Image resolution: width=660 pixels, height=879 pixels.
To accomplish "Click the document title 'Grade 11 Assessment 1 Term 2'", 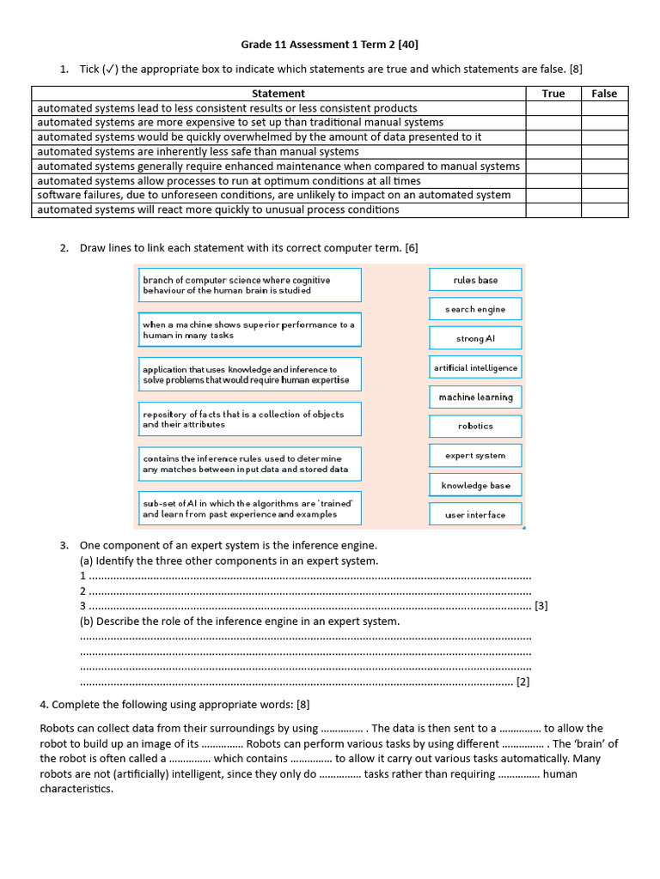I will [x=329, y=44].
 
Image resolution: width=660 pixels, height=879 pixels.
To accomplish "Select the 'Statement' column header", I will [x=278, y=94].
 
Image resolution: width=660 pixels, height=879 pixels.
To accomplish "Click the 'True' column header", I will [x=553, y=94].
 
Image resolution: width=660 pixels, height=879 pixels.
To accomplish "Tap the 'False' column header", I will [x=604, y=94].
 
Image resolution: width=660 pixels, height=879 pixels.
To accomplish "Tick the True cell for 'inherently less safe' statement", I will [x=553, y=152].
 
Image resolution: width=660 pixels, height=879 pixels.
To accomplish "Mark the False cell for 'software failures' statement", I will [x=604, y=195].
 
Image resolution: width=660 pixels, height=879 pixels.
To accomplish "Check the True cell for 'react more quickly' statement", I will [x=553, y=209].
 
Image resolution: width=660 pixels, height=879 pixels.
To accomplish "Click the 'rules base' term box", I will [x=475, y=281].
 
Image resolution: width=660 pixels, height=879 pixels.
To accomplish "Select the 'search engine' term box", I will [x=475, y=310].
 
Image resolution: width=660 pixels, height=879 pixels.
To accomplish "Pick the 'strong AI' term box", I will [x=475, y=339].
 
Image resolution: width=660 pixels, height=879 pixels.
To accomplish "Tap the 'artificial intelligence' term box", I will [x=475, y=368].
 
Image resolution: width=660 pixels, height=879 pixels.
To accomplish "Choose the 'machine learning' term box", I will [x=475, y=397].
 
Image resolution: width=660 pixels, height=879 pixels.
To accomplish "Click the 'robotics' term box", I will [x=475, y=427].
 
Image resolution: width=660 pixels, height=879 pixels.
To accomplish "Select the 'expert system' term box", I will [x=475, y=456].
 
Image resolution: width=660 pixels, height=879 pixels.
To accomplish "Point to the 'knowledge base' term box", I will [x=475, y=486].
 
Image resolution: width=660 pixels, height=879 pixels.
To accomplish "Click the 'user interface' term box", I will [x=475, y=515].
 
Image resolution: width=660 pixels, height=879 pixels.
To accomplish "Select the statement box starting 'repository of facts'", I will [x=249, y=419].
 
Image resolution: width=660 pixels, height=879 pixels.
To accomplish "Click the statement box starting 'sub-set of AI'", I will [x=249, y=508].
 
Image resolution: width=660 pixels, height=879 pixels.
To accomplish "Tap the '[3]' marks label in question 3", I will [x=541, y=606].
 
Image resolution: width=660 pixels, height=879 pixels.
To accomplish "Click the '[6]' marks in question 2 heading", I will [x=412, y=248].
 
